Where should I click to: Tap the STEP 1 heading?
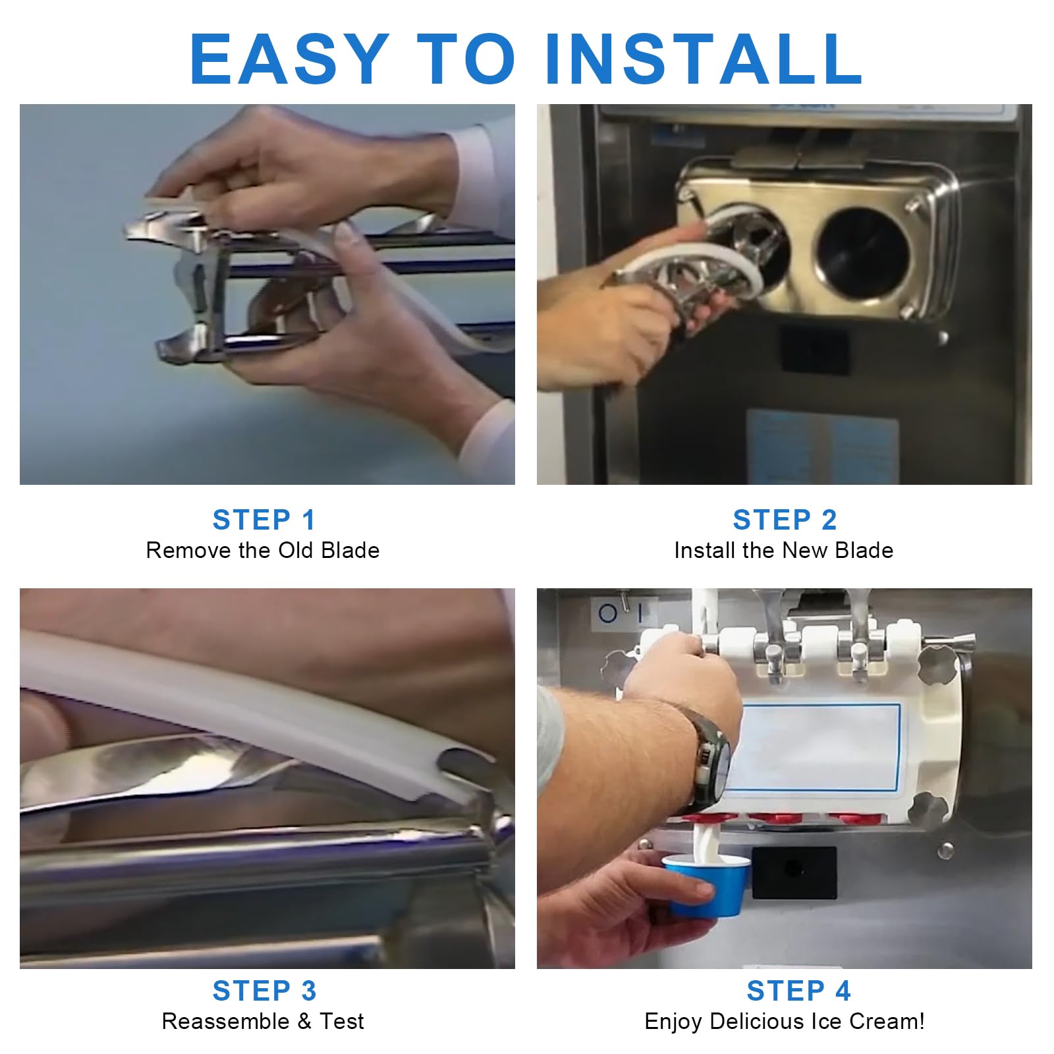pos(264,520)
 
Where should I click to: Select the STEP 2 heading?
pos(785,520)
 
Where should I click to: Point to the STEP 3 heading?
pos(264,991)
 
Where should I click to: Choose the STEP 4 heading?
pos(798,991)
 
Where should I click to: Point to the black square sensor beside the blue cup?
pos(794,872)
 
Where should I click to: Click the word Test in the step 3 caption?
pos(341,1021)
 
